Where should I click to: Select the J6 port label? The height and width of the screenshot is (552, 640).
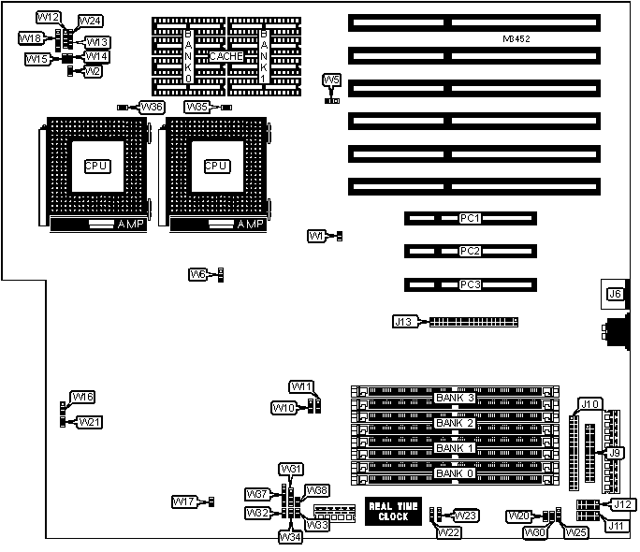click(x=615, y=294)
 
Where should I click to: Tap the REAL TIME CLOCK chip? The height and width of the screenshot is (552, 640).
click(x=387, y=511)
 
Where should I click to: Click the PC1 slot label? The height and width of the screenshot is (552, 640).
click(x=470, y=219)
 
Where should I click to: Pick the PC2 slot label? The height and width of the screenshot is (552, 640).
click(x=470, y=251)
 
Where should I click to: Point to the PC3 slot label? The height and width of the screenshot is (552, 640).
click(x=470, y=283)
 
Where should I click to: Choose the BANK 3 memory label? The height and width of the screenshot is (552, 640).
click(x=455, y=398)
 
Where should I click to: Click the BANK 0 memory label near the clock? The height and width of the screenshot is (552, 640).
click(x=455, y=474)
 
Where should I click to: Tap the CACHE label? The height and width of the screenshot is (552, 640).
click(x=225, y=56)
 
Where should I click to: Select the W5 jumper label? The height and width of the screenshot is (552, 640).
click(x=332, y=80)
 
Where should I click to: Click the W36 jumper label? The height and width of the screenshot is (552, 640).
click(x=152, y=108)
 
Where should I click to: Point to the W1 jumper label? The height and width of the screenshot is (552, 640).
click(x=316, y=237)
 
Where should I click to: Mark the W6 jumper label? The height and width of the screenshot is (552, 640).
click(x=197, y=274)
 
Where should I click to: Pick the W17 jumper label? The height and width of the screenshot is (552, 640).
click(x=183, y=502)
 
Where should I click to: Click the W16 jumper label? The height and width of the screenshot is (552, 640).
click(x=83, y=398)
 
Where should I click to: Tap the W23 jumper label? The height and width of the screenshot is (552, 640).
click(x=466, y=515)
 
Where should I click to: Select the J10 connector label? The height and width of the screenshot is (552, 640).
click(x=589, y=404)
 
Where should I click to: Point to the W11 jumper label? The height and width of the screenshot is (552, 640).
click(x=301, y=387)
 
